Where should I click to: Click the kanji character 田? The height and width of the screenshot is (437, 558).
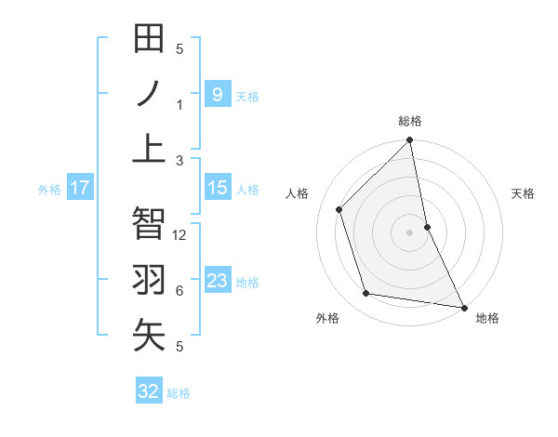tap(149, 40)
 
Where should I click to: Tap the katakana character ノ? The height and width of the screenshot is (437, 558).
tap(149, 94)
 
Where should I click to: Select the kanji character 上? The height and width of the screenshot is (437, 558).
tap(149, 148)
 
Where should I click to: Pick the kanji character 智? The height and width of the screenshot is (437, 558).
tap(149, 224)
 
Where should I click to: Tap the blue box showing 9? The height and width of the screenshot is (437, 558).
tap(217, 94)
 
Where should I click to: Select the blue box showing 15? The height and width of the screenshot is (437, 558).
tap(217, 189)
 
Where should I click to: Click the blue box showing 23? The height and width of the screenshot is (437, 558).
tap(217, 281)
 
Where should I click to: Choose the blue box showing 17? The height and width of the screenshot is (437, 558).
tap(80, 189)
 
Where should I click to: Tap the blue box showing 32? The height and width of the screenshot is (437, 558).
tap(149, 391)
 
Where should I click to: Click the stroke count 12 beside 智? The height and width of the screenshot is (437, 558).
tap(180, 235)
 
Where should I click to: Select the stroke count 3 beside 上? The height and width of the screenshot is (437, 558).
tap(179, 160)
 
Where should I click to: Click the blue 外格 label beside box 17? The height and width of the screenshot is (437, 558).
tap(49, 190)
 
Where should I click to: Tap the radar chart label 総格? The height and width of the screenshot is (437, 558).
tap(410, 121)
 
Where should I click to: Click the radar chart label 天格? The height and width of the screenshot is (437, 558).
tap(524, 193)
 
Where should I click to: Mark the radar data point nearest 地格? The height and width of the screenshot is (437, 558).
tap(463, 307)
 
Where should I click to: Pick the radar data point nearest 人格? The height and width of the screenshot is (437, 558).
tap(339, 209)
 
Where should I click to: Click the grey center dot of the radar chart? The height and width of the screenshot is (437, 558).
tap(409, 232)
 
